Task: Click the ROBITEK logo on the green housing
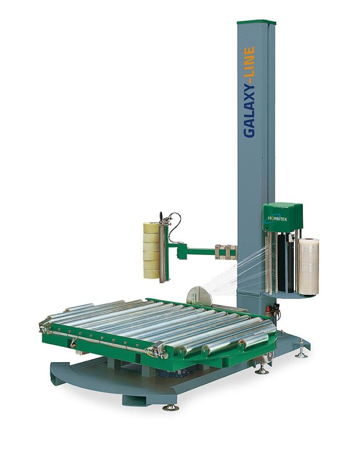(x=277, y=219)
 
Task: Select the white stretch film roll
(x=308, y=266)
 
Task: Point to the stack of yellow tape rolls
(x=151, y=251)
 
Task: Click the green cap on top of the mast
(x=256, y=23)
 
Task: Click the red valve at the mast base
(x=268, y=309)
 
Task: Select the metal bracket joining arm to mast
(x=226, y=252)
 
